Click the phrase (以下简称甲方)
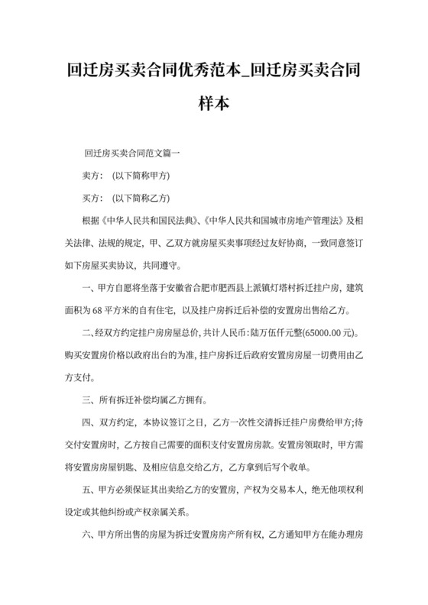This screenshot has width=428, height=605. click(x=141, y=175)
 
